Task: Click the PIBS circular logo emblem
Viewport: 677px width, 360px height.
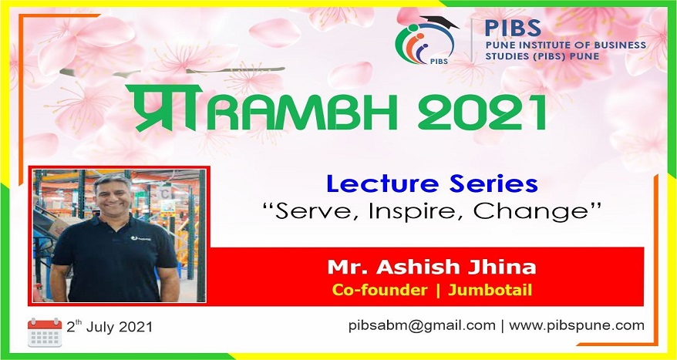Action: click(426, 41)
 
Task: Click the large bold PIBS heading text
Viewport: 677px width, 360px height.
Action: click(513, 29)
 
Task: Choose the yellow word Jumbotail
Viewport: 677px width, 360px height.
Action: click(490, 290)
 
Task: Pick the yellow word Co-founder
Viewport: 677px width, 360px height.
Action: click(379, 290)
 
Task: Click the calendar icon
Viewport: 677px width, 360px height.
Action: click(45, 332)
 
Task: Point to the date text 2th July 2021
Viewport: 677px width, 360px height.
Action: click(109, 326)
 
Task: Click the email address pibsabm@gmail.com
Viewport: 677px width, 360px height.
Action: click(422, 326)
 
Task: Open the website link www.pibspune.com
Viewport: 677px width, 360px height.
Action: click(577, 326)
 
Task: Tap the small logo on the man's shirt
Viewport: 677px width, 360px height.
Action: click(141, 238)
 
